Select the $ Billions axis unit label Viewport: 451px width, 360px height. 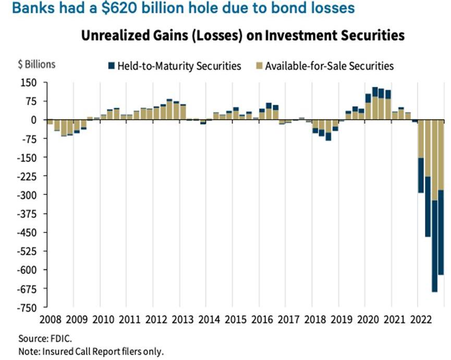36,65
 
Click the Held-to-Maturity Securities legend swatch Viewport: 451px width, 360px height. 111,66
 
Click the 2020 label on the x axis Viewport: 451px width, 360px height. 365,319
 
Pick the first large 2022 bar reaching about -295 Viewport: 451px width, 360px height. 421,156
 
